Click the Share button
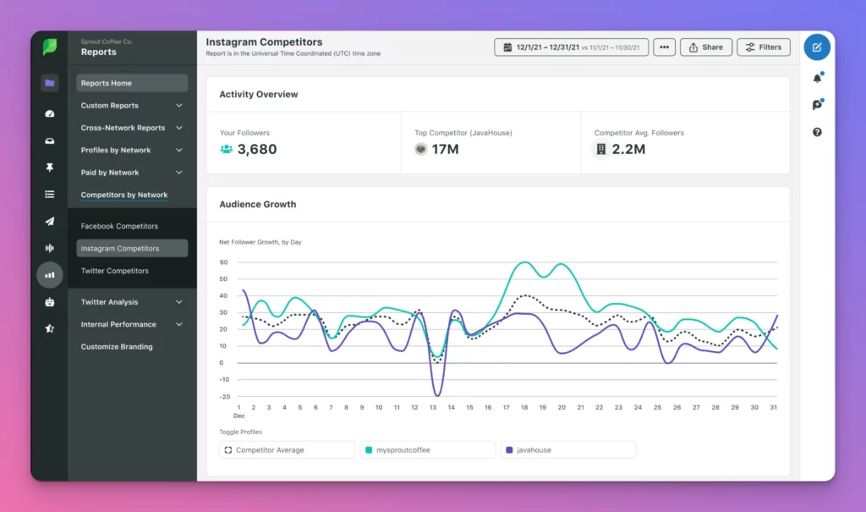[x=705, y=47]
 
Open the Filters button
[x=763, y=47]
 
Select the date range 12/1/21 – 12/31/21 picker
[x=571, y=47]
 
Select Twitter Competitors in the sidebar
[x=115, y=271]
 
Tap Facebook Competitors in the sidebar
[x=119, y=226]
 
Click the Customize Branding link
[x=117, y=347]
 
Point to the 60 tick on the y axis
[x=223, y=262]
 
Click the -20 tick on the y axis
[x=223, y=396]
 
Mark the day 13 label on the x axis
[x=434, y=408]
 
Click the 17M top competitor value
[x=445, y=150]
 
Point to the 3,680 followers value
[x=256, y=150]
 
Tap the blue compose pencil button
[x=817, y=47]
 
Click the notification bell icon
[x=817, y=78]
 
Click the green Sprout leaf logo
[x=50, y=47]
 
